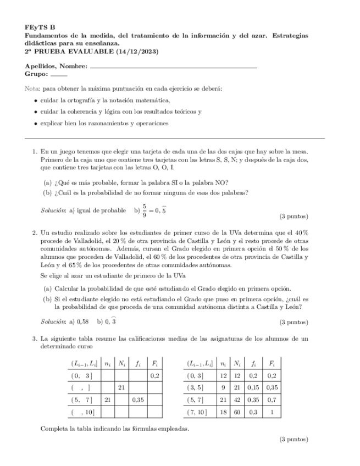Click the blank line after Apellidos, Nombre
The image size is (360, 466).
(173, 66)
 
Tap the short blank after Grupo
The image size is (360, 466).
(59, 74)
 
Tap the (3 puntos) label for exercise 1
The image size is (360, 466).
(294, 216)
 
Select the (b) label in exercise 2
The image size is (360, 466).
(48, 299)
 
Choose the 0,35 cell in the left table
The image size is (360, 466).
(137, 400)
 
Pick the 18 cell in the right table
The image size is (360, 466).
(223, 412)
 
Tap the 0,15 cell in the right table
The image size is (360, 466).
(253, 387)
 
